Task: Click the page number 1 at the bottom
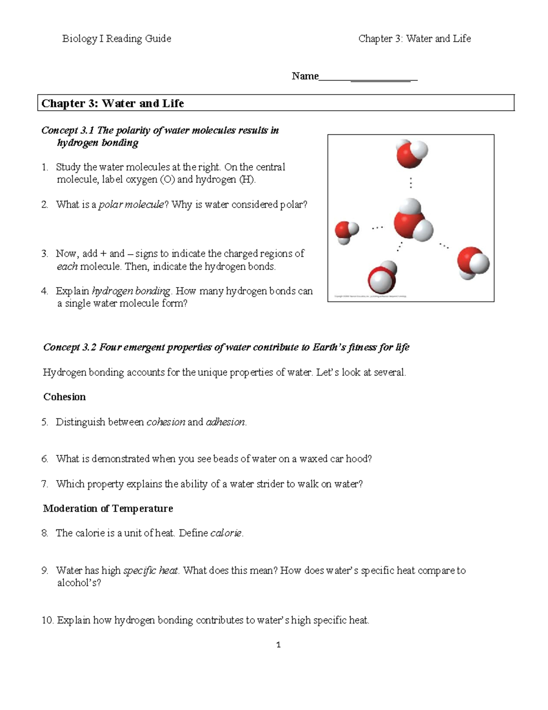278,645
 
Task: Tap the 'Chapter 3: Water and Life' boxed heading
113,103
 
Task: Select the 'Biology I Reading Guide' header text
116,39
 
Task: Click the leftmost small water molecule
346,231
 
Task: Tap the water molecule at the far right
473,262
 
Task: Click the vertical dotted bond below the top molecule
411,183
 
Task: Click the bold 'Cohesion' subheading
64,397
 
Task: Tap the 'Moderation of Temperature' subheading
108,508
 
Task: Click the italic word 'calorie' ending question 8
226,533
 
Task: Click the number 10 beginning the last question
47,620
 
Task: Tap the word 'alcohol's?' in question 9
79,583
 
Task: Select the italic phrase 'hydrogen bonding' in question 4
131,291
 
